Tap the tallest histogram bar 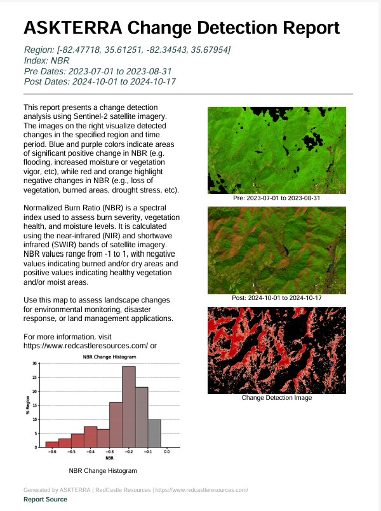pos(128,406)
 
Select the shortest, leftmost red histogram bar pos(52,444)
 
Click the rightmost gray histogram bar pos(154,433)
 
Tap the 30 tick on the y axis pos(36,363)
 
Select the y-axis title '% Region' pos(28,405)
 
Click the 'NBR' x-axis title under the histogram pos(109,458)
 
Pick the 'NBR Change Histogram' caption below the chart pos(103,471)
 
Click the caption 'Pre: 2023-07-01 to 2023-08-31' pos(277,198)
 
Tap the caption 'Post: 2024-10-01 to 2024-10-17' pos(277,298)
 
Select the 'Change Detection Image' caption pos(277,398)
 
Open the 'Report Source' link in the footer pos(45,500)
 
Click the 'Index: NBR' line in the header pos(46,60)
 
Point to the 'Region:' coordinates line pos(127,50)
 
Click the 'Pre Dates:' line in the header pos(98,71)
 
